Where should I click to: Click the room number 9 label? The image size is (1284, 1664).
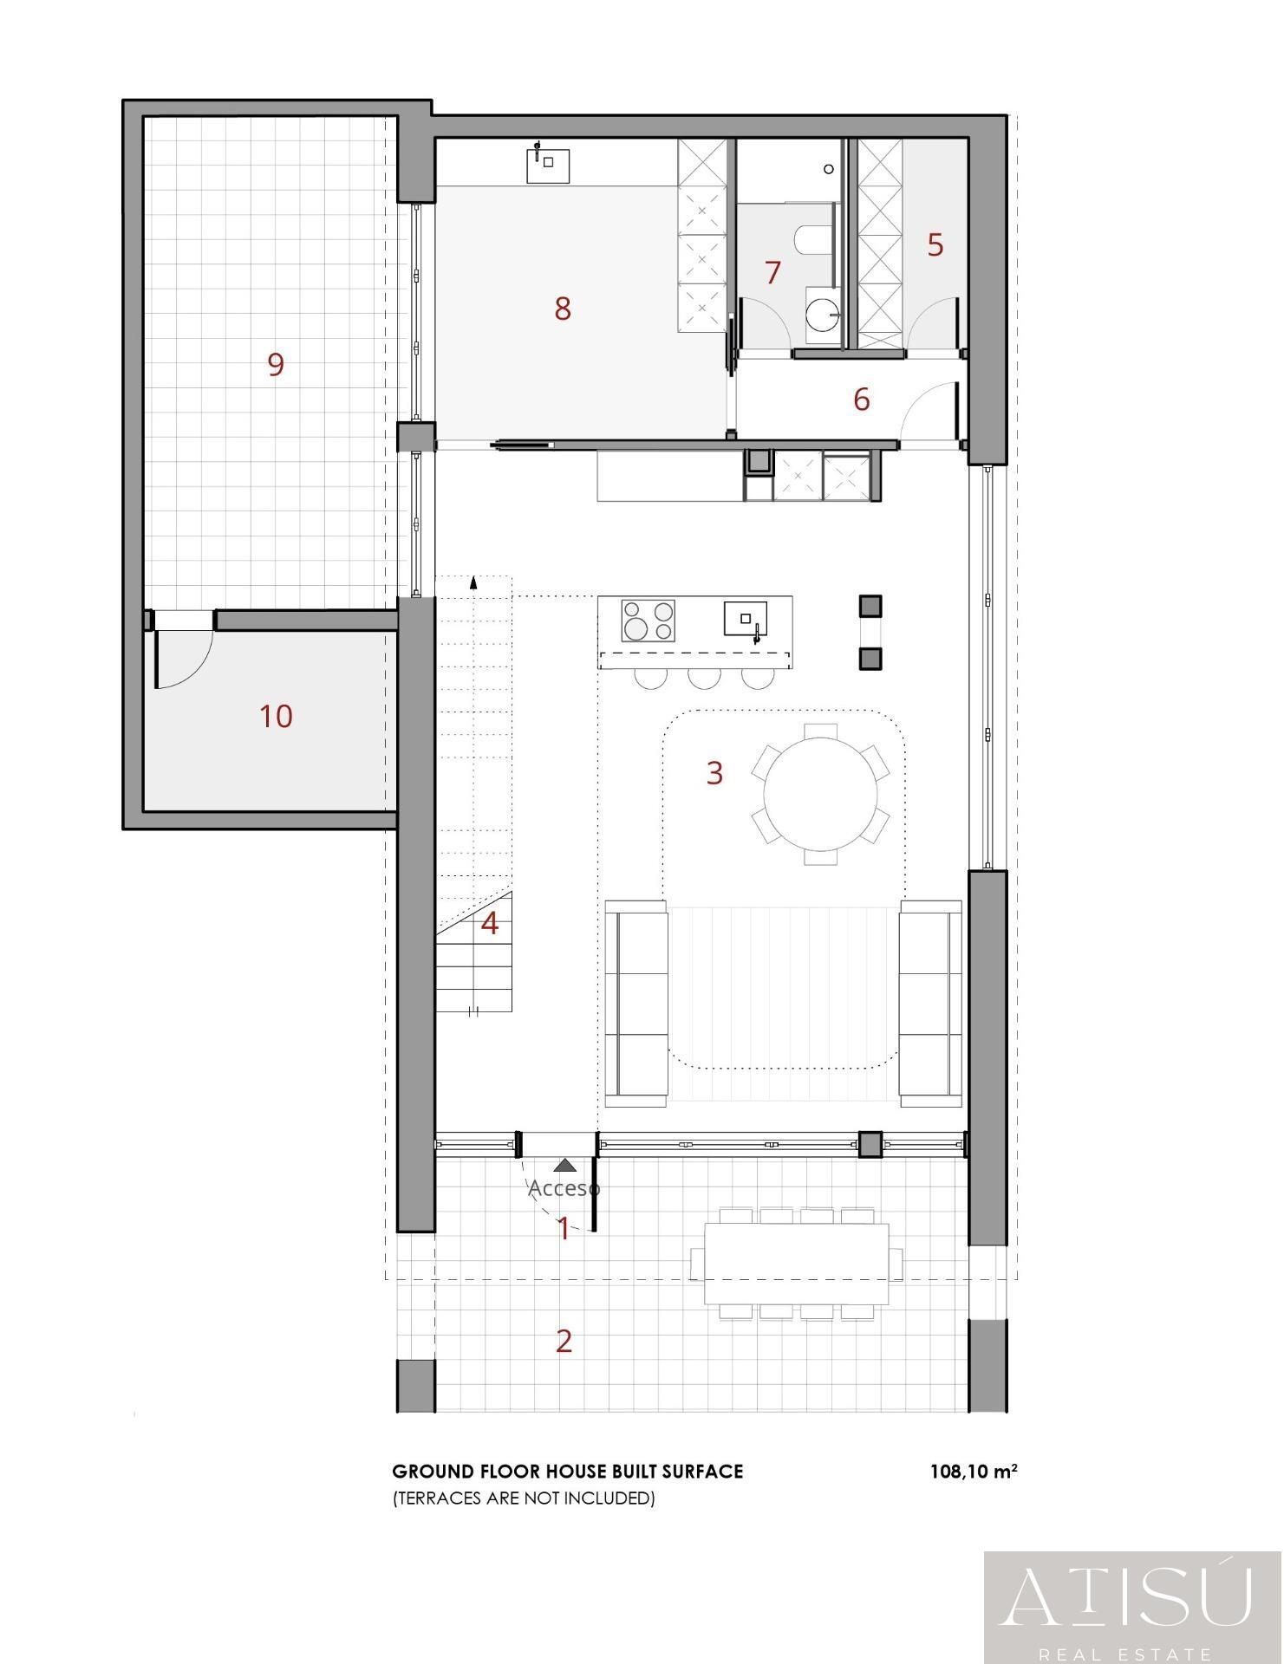[276, 365]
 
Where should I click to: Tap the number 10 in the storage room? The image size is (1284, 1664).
[276, 717]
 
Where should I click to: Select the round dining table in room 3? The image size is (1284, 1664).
[820, 794]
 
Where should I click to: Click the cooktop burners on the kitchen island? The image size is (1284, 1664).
[649, 621]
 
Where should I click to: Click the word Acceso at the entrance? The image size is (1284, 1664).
[564, 1188]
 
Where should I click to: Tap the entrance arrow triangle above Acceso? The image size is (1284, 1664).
[564, 1167]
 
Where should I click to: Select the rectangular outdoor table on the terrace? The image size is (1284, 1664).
[797, 1263]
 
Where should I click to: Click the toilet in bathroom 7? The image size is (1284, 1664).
[809, 238]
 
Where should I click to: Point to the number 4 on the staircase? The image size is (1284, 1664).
[490, 924]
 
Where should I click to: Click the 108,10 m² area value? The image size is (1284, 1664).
[973, 1472]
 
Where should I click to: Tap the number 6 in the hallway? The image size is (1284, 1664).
[861, 400]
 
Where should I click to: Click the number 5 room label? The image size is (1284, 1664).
[935, 245]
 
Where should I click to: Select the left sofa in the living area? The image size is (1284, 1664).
[636, 1003]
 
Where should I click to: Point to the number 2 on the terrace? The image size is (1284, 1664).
[564, 1342]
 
